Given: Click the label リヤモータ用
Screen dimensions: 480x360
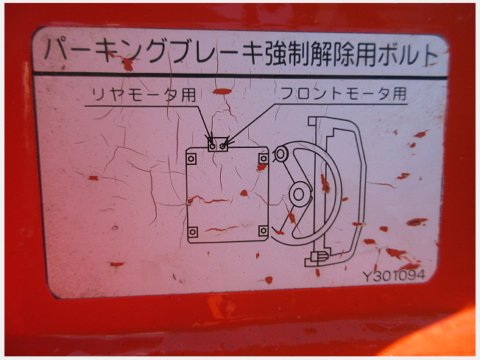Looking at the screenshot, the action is point(144,94).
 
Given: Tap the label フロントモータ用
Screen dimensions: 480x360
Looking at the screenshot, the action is point(344,93).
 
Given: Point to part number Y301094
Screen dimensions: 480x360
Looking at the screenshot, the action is point(394,275).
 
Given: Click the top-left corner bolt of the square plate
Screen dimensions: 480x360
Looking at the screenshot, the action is point(191,159).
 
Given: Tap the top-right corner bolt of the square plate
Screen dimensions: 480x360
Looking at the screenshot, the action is point(264,158).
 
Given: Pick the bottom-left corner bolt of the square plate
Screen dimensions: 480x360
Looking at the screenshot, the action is point(193,232).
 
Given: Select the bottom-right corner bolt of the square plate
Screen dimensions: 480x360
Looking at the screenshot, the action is point(264,231).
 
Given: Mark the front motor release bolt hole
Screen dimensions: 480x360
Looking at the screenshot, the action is point(223,146).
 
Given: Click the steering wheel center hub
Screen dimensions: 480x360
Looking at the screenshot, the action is point(299,194).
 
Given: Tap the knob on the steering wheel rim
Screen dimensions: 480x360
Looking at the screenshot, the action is point(280,154).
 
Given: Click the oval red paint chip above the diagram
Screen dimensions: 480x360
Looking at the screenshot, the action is point(222,91).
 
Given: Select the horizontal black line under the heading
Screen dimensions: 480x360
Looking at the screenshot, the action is point(240,75).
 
